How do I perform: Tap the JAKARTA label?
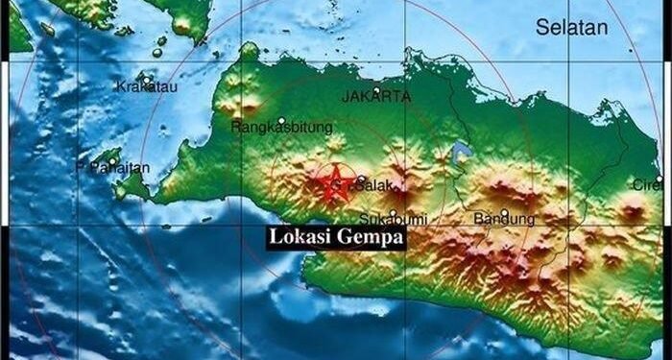[x=376, y=97]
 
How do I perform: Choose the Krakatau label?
[x=143, y=87]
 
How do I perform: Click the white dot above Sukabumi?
[x=393, y=212]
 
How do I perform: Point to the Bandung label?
[x=504, y=219]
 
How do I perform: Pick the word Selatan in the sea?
[x=572, y=27]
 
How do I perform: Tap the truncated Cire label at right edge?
[x=645, y=184]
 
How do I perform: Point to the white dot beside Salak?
[x=361, y=180]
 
